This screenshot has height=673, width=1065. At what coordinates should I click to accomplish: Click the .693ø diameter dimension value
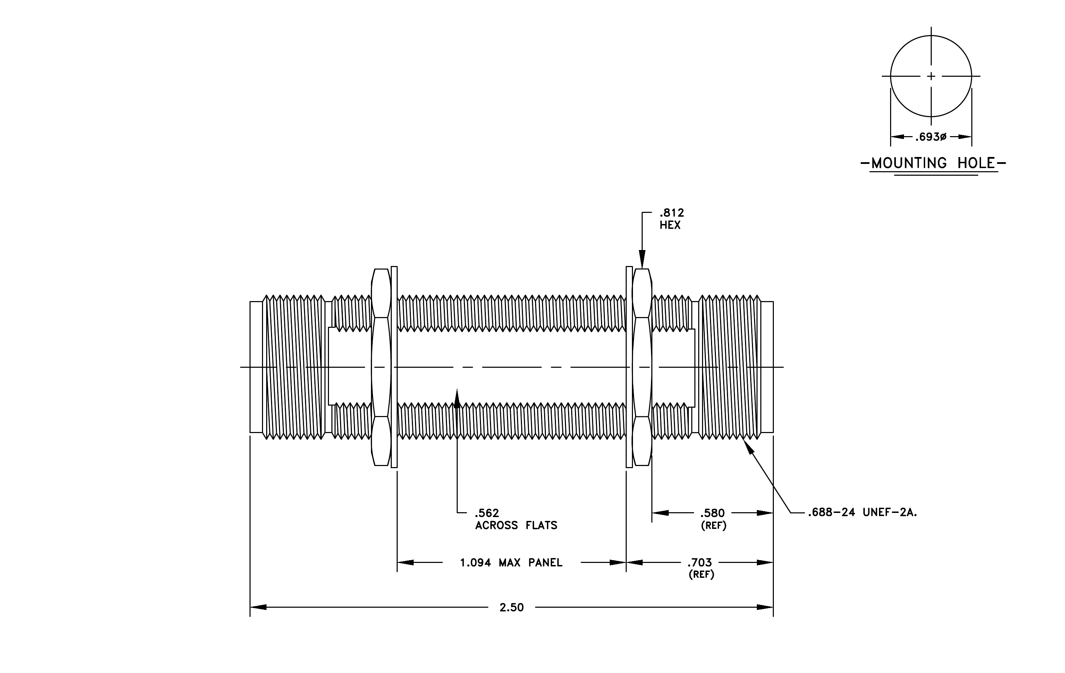tap(931, 137)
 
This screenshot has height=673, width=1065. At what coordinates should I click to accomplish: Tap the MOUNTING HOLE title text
tap(933, 163)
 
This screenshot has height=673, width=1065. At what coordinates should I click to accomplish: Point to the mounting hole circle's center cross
tap(931, 76)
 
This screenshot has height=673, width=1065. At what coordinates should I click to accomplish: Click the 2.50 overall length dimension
tap(512, 607)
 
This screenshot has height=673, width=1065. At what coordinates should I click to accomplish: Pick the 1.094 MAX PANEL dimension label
tap(511, 563)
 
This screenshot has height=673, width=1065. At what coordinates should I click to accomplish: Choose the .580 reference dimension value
tap(712, 513)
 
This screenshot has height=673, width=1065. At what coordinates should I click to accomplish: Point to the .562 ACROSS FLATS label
tap(516, 520)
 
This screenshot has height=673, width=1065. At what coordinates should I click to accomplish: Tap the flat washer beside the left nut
tap(394, 367)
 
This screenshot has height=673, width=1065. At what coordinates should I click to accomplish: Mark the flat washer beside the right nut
tap(629, 367)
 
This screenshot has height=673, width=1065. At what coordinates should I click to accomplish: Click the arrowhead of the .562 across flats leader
tap(457, 397)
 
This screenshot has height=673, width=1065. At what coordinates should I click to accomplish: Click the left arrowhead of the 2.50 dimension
tap(258, 607)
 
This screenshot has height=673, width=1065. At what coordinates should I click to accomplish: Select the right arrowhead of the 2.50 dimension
tap(765, 607)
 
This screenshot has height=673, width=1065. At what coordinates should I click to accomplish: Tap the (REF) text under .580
tap(713, 526)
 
